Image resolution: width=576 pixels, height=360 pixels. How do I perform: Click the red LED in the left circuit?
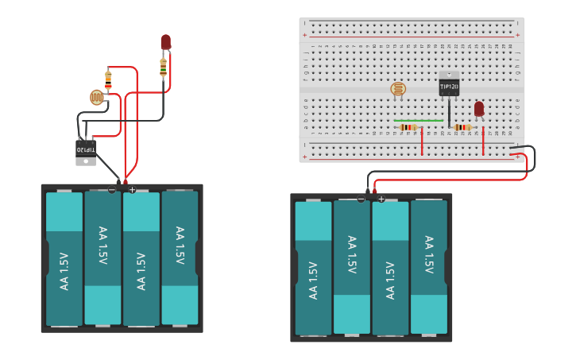[165, 42]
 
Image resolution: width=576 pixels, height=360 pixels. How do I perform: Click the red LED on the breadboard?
[478, 109]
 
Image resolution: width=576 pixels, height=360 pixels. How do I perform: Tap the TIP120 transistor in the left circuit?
[86, 149]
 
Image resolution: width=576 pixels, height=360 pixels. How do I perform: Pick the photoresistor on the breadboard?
[398, 89]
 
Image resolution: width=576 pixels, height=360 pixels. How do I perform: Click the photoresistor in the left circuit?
[97, 98]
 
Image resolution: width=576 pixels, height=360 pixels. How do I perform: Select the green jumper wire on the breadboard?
[419, 121]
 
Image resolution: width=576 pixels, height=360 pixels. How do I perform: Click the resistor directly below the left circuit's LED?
[164, 68]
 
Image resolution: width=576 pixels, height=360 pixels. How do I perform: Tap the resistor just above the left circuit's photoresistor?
[108, 79]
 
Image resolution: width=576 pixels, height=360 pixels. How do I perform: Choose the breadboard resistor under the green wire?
[408, 127]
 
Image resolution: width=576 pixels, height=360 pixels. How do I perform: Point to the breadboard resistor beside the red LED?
[462, 127]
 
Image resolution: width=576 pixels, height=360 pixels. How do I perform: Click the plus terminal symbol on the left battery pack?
[132, 190]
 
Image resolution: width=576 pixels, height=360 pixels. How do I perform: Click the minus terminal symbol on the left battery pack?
[112, 190]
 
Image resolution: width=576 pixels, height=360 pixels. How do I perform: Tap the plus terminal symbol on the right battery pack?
[381, 199]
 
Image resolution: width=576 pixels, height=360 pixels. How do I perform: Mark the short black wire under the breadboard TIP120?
[450, 113]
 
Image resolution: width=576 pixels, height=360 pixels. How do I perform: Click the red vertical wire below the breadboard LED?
[483, 141]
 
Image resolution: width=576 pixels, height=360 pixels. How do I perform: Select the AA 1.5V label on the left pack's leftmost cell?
[64, 271]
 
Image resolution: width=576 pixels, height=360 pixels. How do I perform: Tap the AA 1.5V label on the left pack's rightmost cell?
[180, 246]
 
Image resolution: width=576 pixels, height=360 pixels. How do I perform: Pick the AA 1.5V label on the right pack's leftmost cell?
[313, 281]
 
